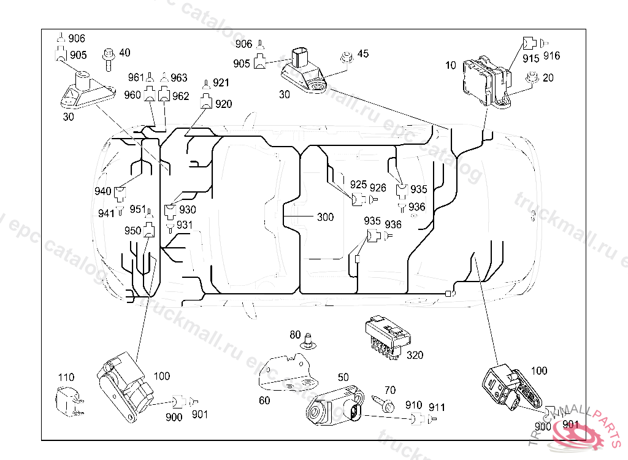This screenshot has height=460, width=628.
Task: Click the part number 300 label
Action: tap(325, 217)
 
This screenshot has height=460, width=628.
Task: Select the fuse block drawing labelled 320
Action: tap(388, 337)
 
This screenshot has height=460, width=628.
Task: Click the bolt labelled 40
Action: tap(109, 59)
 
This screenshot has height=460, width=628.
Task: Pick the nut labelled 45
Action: tap(347, 58)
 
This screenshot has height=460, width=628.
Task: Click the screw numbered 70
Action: tap(383, 404)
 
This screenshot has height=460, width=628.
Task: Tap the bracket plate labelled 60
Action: tap(287, 372)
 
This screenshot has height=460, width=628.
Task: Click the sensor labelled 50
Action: tap(335, 407)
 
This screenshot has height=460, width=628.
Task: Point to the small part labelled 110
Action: tap(69, 401)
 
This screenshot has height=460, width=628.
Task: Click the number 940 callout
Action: tap(102, 191)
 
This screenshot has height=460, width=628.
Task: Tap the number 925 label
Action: tap(358, 185)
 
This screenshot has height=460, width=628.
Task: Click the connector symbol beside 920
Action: tap(206, 101)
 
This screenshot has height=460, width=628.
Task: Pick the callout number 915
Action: tap(530, 58)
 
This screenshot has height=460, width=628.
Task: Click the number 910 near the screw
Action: tap(413, 405)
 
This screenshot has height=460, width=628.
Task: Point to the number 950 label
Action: tap(132, 231)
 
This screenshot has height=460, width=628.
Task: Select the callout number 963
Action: tap(178, 77)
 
